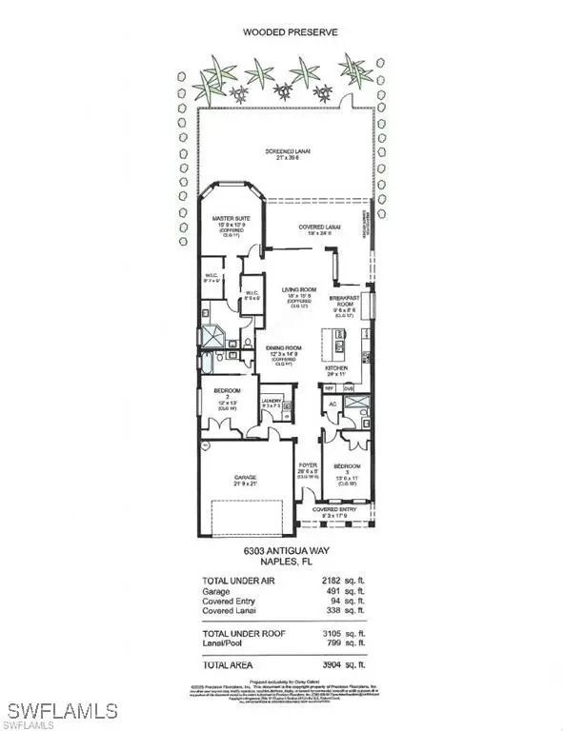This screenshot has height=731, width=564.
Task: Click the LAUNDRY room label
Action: tap(272, 401)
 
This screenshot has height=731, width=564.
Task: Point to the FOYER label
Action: tap(307, 465)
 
